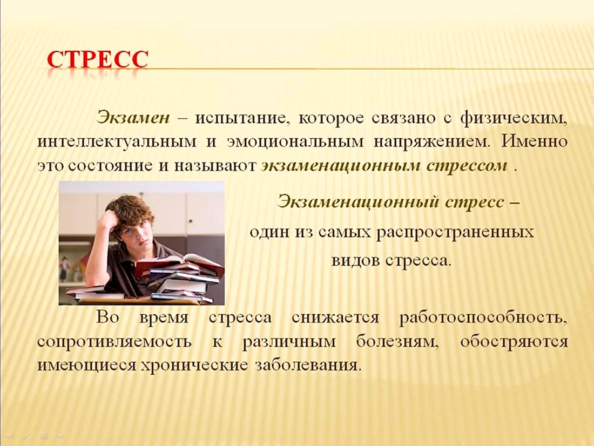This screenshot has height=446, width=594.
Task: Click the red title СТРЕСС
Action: click(98, 59)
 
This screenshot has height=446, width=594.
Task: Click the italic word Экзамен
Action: click(133, 118)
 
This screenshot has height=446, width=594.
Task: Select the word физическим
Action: click(514, 119)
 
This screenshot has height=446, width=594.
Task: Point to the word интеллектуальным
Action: click(117, 142)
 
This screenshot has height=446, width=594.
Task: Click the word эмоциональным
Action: click(295, 142)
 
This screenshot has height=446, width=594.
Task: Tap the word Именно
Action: click(535, 141)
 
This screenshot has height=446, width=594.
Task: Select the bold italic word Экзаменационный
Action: click(358, 201)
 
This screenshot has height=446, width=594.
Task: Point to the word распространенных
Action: click(455, 232)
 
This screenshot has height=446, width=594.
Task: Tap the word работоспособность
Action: click(483, 317)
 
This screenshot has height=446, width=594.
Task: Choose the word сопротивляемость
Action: click(114, 342)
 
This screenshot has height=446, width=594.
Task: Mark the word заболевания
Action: click(307, 366)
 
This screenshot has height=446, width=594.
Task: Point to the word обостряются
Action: click(514, 342)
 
